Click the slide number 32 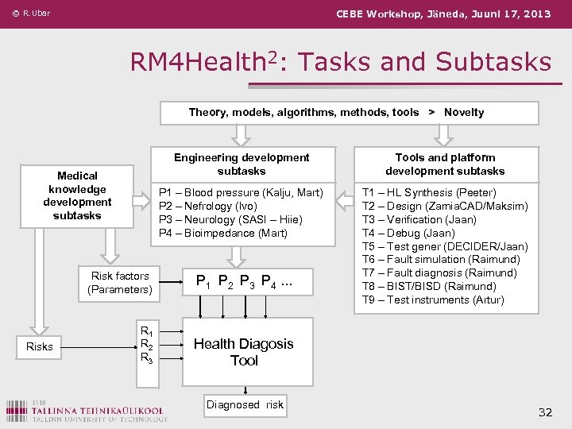[x=545, y=412]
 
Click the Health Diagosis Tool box [x=244, y=352]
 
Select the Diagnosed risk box [x=245, y=404]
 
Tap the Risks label [x=40, y=346]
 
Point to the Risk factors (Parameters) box [x=120, y=283]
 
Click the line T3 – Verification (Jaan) [x=419, y=219]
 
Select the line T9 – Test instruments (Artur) [x=433, y=300]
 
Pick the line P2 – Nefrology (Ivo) [x=208, y=206]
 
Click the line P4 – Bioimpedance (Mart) [x=223, y=233]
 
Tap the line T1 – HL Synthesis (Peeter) [x=429, y=192]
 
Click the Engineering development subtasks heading [x=242, y=164]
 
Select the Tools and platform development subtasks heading [x=445, y=164]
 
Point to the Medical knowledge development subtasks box [x=78, y=195]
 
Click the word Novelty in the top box [x=464, y=112]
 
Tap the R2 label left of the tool [x=146, y=344]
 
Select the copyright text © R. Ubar [x=32, y=14]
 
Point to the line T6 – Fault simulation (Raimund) [x=441, y=259]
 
